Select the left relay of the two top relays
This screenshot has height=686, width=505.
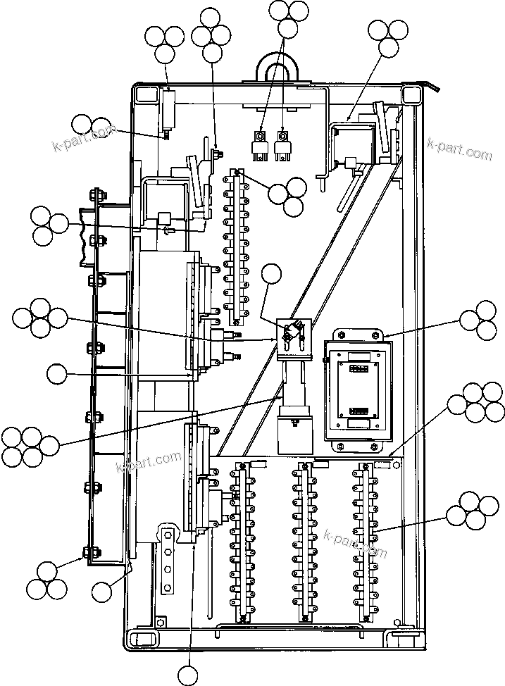261,143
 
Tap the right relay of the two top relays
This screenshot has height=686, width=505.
283,143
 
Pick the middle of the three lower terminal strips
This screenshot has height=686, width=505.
302,542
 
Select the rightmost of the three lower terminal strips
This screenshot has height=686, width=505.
363,542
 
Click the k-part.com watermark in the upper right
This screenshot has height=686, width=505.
459,149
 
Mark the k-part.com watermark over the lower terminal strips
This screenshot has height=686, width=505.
355,542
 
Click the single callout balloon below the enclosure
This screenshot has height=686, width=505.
188,675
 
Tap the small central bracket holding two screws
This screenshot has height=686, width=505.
293,337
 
